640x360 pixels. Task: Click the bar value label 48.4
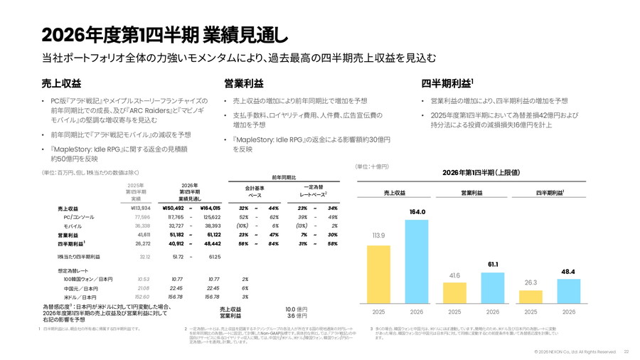point(568,271)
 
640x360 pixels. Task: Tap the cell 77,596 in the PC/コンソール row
point(139,216)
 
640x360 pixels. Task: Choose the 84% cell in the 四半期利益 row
point(272,243)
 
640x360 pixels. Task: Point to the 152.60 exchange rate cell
point(142,296)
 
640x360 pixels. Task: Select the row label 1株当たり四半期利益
point(79,256)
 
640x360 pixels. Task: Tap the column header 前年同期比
point(284,176)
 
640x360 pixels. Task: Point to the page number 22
point(626,351)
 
